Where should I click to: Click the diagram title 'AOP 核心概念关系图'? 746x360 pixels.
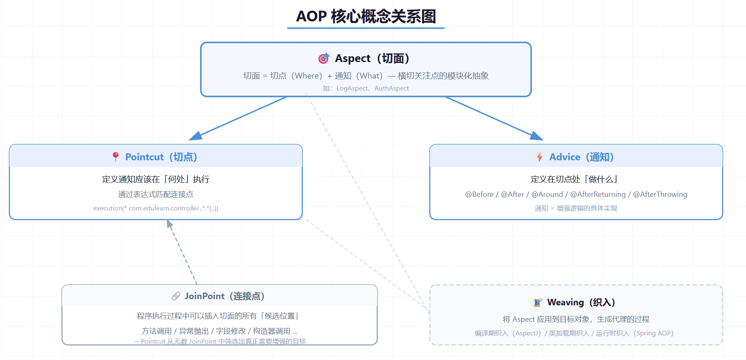(x=366, y=16)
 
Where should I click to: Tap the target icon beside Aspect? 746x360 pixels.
(x=324, y=58)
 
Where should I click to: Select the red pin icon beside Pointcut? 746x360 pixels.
(x=115, y=157)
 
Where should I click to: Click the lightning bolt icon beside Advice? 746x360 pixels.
(x=540, y=157)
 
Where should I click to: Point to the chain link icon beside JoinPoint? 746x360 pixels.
(x=176, y=296)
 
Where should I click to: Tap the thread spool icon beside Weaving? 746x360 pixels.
(x=538, y=302)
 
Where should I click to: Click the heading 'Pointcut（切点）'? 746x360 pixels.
(x=161, y=157)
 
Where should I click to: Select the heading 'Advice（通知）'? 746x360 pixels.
(x=582, y=157)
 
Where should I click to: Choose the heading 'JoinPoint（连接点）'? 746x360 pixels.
(x=224, y=296)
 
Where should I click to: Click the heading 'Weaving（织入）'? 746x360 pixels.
(x=581, y=302)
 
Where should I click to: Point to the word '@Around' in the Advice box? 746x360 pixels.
(x=547, y=194)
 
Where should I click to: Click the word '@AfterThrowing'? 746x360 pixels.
(x=660, y=194)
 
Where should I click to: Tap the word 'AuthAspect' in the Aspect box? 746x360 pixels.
(x=392, y=88)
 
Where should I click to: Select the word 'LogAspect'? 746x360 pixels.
(x=352, y=88)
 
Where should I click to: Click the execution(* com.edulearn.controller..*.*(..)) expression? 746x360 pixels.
(x=156, y=208)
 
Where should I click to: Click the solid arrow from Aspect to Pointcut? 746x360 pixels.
(x=238, y=118)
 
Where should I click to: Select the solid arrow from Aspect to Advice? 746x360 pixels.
(x=494, y=118)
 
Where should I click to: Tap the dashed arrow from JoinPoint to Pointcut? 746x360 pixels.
(x=182, y=252)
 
